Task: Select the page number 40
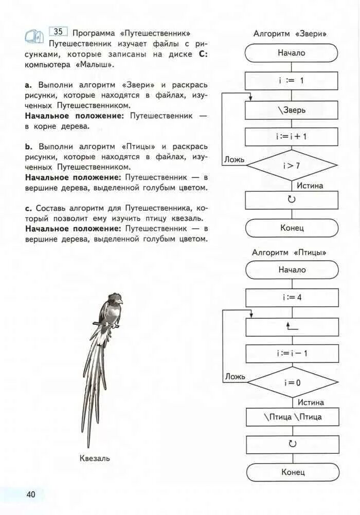pos(31,494)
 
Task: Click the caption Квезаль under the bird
pos(95,458)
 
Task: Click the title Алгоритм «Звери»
pos(291,34)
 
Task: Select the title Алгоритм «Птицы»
pos(290,252)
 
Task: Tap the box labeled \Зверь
pos(292,110)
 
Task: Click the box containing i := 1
pos(292,81)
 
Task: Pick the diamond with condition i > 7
pos(292,165)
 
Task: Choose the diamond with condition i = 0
pos(292,382)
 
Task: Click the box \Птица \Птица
pos(292,417)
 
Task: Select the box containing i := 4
pos(292,297)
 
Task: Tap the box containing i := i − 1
pos(292,354)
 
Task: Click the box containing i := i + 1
pos(292,137)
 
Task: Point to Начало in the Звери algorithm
pos(292,53)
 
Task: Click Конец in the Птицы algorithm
pos(293,472)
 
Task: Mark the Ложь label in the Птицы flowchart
pos(235,377)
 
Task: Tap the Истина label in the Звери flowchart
pos(310,186)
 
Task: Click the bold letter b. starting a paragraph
pos(28,146)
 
